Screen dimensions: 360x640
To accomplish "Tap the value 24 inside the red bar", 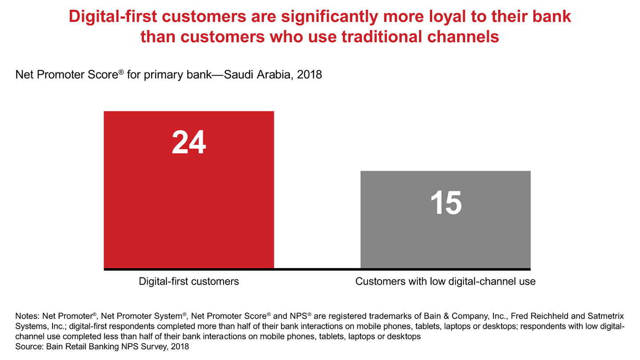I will click(x=189, y=143).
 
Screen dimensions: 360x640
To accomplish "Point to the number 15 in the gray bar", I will click(x=446, y=203).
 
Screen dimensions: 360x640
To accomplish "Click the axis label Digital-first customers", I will click(x=189, y=281).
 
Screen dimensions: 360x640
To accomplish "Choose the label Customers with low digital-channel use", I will click(x=445, y=281).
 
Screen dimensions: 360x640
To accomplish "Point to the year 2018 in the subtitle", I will click(x=309, y=75).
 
